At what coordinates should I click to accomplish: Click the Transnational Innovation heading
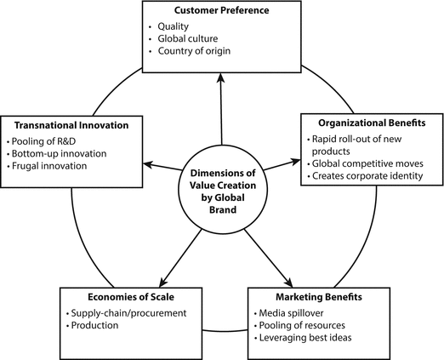(x=67, y=125)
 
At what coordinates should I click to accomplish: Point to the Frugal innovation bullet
(x=52, y=166)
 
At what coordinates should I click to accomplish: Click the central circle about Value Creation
(x=222, y=180)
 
